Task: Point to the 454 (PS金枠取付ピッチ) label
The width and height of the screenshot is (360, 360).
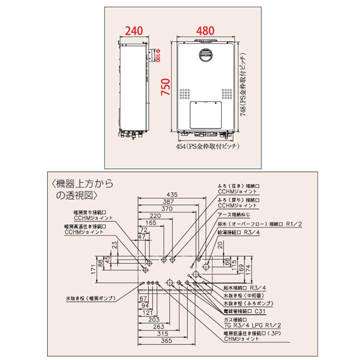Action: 208,146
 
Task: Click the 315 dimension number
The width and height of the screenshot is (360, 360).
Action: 162,333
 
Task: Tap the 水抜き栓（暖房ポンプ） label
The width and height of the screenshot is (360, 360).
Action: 90,298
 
